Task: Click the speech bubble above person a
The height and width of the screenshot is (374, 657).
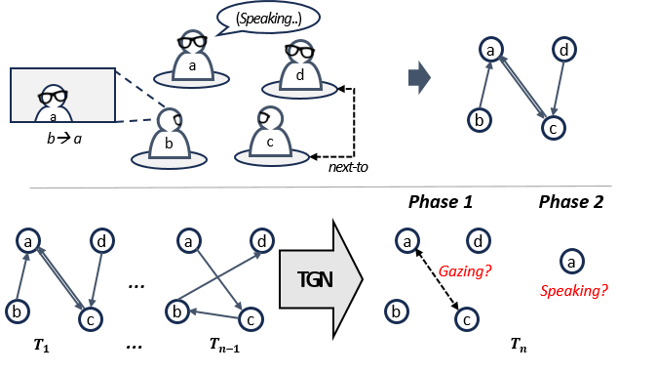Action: pos(268,16)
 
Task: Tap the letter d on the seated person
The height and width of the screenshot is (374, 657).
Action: pos(299,75)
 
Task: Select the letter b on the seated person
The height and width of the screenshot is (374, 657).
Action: pos(169,144)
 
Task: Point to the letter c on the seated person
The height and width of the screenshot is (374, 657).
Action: pos(270,142)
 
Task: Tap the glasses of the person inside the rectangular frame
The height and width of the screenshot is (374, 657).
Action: pos(53,97)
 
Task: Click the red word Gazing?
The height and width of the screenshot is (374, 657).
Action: pos(464,270)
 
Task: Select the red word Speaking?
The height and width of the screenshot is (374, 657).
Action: pos(574,290)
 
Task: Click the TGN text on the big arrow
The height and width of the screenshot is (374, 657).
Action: pos(314,280)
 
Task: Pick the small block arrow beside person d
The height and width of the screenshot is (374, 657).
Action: pos(419,77)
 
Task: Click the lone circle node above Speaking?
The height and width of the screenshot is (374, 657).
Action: pos(572,261)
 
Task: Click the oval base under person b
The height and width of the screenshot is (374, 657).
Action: pos(169,160)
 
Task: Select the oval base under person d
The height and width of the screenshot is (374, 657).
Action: pos(299,91)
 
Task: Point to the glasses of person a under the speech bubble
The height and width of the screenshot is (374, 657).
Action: pos(192,42)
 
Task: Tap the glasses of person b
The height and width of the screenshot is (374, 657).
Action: pos(176,120)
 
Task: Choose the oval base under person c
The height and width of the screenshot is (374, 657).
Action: pos(272,156)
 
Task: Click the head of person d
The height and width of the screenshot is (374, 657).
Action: pos(300,52)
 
